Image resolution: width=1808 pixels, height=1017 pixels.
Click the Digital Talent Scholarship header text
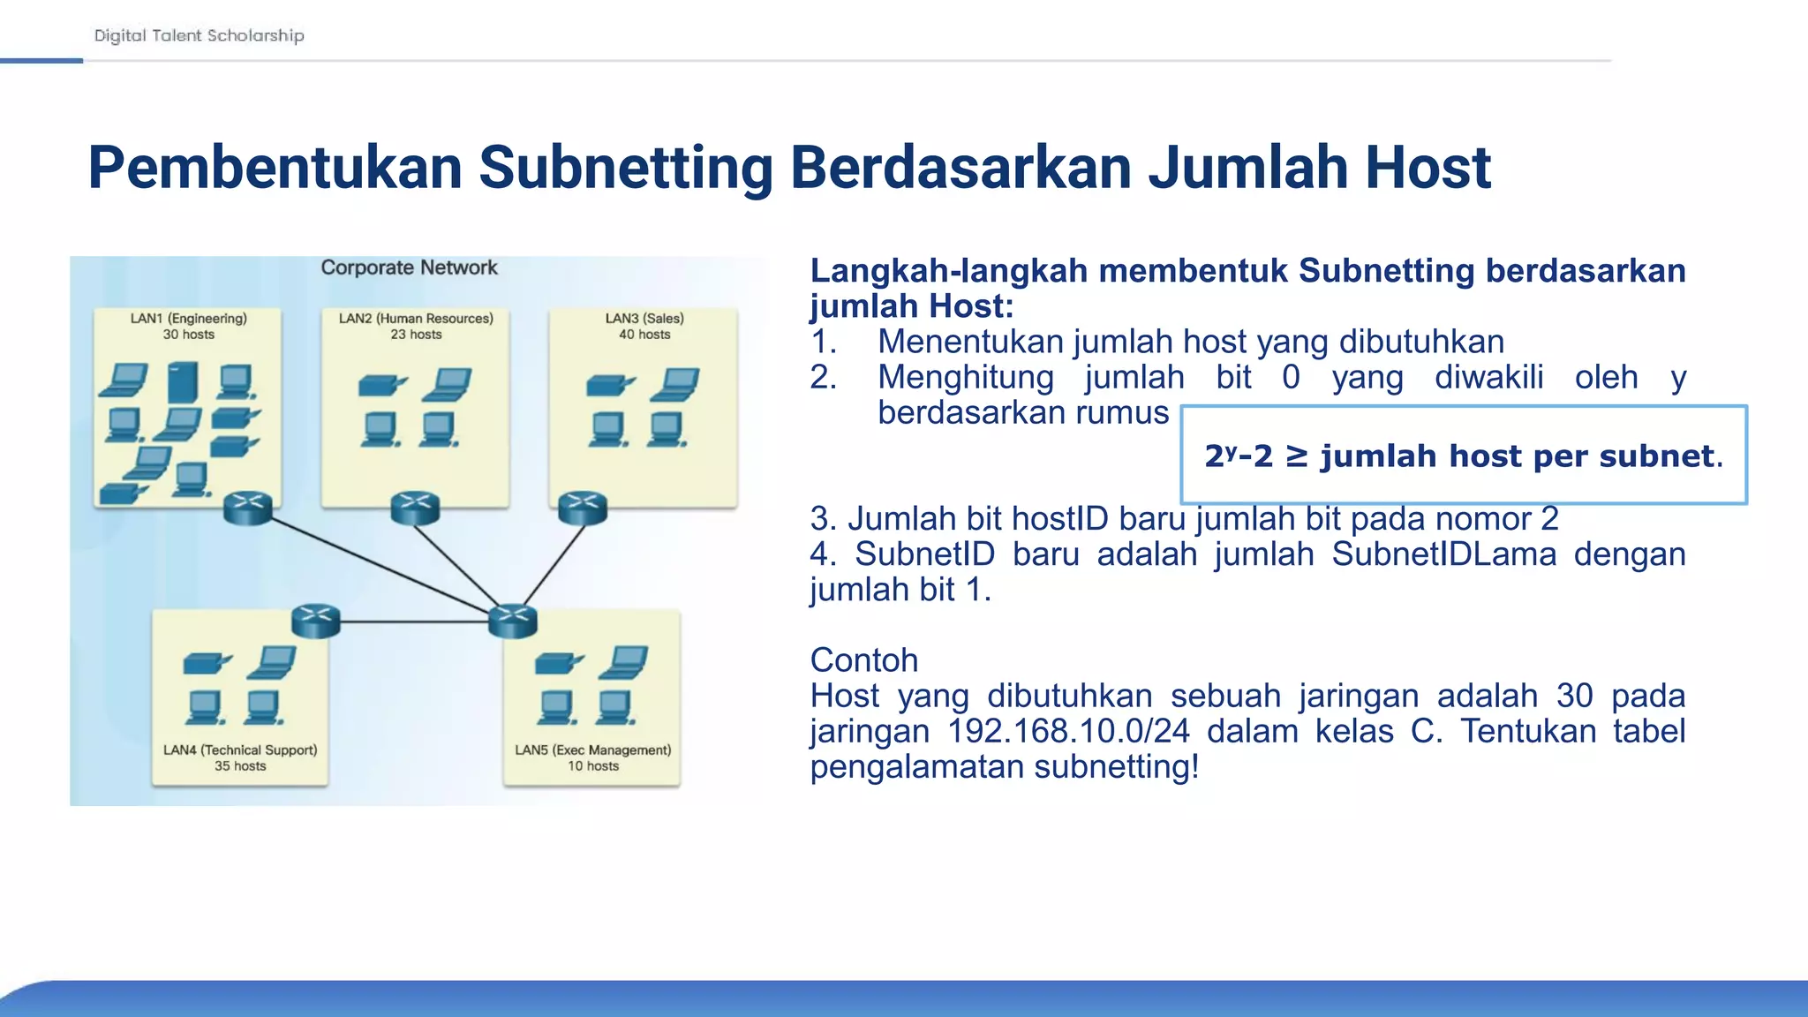199,35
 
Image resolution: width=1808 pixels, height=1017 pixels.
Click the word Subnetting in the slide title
626,168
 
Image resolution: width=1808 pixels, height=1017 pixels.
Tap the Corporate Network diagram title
409,267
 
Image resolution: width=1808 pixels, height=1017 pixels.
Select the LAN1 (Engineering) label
188,318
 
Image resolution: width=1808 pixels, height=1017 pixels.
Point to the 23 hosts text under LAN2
416,335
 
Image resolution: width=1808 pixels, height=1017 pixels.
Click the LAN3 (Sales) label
644,318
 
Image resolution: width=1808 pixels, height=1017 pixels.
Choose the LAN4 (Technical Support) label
240,750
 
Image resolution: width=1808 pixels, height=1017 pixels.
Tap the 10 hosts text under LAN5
592,766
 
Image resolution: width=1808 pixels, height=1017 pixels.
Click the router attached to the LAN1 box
248,508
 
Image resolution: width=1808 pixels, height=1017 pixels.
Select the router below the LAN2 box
415,508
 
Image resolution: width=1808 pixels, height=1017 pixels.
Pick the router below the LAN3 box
583,508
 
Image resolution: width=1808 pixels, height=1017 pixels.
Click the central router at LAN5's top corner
513,621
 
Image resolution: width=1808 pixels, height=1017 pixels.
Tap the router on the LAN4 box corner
315,621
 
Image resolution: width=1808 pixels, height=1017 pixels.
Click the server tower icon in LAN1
183,382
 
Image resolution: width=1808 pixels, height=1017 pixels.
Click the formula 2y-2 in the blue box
1239,456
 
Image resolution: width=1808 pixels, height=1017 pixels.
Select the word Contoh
863,660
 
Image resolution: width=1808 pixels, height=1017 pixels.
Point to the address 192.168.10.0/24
1068,731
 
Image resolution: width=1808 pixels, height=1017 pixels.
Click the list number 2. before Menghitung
823,377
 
